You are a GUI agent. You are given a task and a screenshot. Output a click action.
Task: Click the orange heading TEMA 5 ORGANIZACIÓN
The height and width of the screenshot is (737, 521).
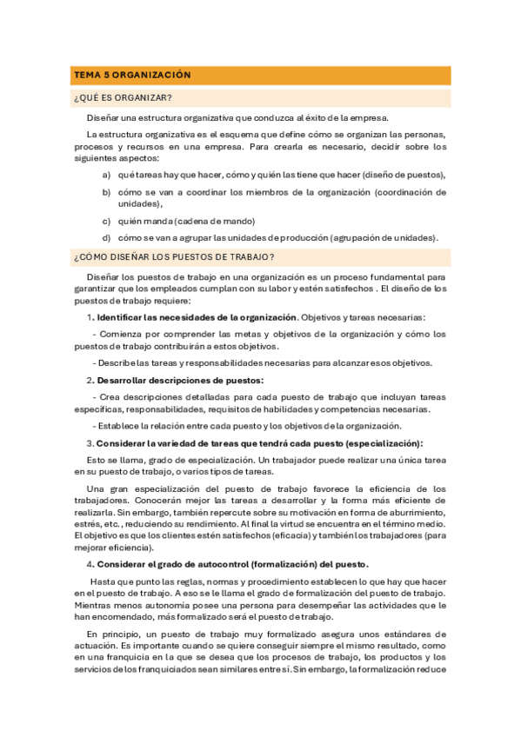pyautogui.click(x=132, y=76)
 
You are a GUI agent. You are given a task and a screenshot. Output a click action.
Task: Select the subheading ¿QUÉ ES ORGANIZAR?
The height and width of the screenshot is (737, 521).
pyautogui.click(x=123, y=97)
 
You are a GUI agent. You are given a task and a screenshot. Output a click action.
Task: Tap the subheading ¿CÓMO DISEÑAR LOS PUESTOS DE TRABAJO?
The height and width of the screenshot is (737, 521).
pyautogui.click(x=175, y=256)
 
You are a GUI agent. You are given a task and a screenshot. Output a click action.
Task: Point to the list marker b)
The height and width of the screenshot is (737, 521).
pyautogui.click(x=106, y=191)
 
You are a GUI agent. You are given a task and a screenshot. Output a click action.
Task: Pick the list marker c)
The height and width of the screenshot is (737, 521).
pyautogui.click(x=106, y=220)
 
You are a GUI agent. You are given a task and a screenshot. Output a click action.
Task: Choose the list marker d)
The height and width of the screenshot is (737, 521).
pyautogui.click(x=106, y=237)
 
